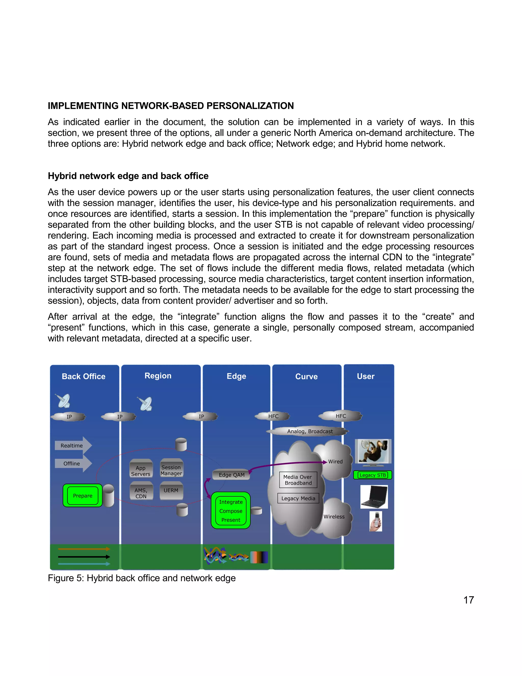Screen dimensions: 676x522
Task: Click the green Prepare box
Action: coord(83,496)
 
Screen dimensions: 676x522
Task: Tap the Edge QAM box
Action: coord(231,475)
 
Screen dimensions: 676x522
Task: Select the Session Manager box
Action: coord(171,470)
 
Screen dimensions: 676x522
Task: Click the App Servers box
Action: coord(141,471)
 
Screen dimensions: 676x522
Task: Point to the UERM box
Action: coord(171,490)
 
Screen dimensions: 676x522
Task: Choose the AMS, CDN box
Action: coord(141,493)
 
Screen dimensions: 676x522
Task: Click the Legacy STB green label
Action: coord(373,475)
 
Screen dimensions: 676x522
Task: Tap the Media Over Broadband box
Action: coord(298,480)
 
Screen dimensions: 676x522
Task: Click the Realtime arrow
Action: coord(73,445)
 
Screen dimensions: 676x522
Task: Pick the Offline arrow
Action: coord(73,463)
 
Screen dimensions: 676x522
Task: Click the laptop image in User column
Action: coord(374,496)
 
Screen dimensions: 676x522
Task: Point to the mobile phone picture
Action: coord(376,521)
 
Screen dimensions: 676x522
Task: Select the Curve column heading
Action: coord(306,376)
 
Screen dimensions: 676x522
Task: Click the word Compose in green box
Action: coord(231,511)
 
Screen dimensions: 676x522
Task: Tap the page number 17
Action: coord(468,600)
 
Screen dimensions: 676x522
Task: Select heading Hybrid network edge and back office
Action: coord(128,176)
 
